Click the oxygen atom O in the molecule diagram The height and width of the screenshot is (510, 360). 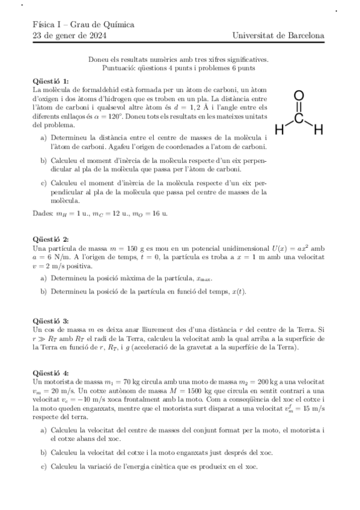[299, 96]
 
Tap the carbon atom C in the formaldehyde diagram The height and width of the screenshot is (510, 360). [299, 118]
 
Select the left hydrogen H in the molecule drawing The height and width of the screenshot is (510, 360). [279, 129]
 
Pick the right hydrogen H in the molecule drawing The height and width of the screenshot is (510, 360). [319, 129]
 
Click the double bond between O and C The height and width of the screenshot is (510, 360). [299, 107]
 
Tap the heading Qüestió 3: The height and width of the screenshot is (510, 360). [52, 322]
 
